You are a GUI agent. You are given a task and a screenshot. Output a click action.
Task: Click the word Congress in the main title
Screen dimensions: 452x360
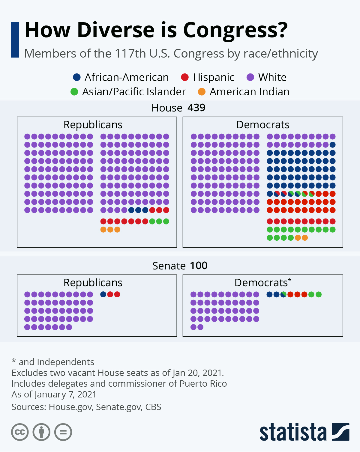click(x=235, y=31)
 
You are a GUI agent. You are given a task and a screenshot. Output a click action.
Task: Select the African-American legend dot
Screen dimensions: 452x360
click(x=77, y=77)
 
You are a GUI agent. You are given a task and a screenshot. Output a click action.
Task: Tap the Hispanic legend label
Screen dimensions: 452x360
click(x=214, y=77)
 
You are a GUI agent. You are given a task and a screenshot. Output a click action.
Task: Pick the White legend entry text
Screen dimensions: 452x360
click(x=272, y=77)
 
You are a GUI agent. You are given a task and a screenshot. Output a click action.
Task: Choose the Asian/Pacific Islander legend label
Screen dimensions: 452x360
click(x=134, y=92)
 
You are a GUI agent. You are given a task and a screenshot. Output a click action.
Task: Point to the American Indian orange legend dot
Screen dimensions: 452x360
click(x=202, y=92)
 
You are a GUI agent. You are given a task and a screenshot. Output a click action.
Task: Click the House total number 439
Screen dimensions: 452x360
click(x=196, y=108)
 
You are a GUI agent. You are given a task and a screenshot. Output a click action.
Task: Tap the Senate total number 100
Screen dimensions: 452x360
click(x=199, y=266)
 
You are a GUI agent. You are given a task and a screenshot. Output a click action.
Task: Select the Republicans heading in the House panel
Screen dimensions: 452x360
click(x=93, y=125)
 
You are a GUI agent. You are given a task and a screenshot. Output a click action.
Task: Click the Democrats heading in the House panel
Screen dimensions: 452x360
click(x=263, y=125)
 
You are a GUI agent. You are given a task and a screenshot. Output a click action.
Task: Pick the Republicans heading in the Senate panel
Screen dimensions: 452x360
click(x=93, y=283)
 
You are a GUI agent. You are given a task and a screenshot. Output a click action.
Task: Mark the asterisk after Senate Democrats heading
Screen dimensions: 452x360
click(x=289, y=280)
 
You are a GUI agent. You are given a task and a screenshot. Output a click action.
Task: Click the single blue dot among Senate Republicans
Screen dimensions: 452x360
click(x=103, y=294)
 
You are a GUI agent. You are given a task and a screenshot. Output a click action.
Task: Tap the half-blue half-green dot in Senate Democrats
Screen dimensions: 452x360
click(x=283, y=294)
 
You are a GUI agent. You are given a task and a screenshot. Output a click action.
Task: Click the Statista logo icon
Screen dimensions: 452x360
click(x=340, y=432)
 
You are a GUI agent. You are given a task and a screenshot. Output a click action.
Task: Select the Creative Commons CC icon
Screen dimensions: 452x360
click(x=20, y=432)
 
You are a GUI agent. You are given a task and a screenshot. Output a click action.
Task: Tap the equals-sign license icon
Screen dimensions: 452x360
click(x=63, y=432)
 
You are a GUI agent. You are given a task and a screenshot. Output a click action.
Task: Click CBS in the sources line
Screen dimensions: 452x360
click(x=153, y=407)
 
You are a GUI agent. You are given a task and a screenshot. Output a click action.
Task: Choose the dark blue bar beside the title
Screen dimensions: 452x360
click(x=15, y=40)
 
